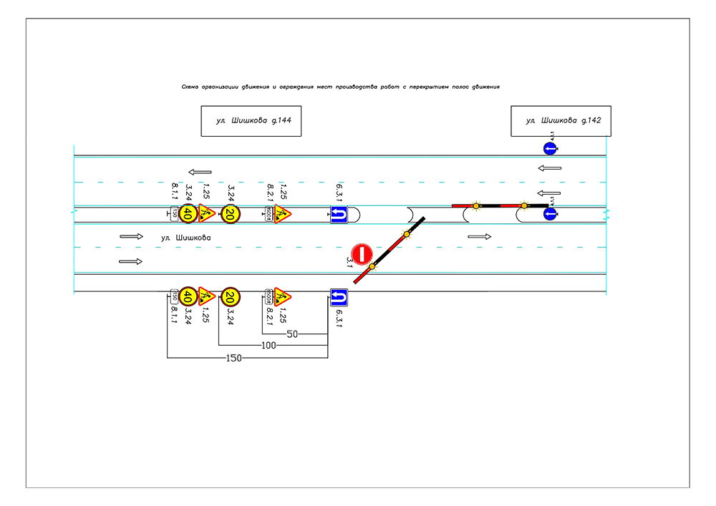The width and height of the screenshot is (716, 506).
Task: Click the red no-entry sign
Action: (362, 253)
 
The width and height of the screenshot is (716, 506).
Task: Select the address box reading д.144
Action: (250, 121)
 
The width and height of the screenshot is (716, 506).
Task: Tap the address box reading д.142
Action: (561, 121)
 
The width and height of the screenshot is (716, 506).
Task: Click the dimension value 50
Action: (292, 334)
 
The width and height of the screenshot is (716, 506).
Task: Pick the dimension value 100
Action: (269, 346)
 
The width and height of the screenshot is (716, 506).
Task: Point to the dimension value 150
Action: (234, 357)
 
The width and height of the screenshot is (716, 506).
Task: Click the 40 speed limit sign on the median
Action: (188, 213)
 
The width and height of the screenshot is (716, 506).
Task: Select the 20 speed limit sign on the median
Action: (231, 213)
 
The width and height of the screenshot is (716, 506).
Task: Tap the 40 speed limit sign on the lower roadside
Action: (188, 296)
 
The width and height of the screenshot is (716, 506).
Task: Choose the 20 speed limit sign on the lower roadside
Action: (231, 296)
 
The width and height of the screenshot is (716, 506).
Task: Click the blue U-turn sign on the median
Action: (339, 213)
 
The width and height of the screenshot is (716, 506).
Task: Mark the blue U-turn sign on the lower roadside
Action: (339, 296)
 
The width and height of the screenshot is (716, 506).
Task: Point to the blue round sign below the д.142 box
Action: (549, 149)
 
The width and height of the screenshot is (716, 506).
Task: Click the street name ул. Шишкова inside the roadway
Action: (186, 237)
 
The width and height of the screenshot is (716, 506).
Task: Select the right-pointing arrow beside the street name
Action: (132, 235)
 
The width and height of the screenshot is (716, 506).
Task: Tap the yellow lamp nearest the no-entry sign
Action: (372, 267)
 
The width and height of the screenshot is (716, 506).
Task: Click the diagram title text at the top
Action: (340, 87)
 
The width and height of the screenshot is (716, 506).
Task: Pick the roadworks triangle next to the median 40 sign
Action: (207, 213)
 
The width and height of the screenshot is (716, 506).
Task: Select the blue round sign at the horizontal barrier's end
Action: (549, 213)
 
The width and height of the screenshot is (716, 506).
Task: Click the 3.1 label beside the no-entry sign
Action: (349, 262)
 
